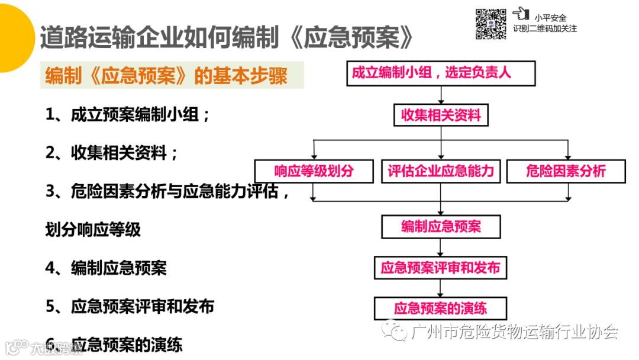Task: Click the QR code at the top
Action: coord(491,24)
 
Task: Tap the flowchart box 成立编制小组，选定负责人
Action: coord(440,74)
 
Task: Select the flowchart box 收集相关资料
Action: coord(441,115)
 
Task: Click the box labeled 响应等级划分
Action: coord(314,171)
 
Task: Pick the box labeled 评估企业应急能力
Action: coord(440,171)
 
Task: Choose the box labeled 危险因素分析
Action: coord(566,171)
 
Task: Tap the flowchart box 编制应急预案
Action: coord(441,227)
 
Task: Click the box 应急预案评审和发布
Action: coord(441,268)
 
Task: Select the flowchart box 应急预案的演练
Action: coord(441,308)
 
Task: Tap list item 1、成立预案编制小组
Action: coord(128,115)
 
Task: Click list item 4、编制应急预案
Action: coord(106,268)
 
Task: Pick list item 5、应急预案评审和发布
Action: coord(130,306)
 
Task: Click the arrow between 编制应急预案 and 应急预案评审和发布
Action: coord(441,247)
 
